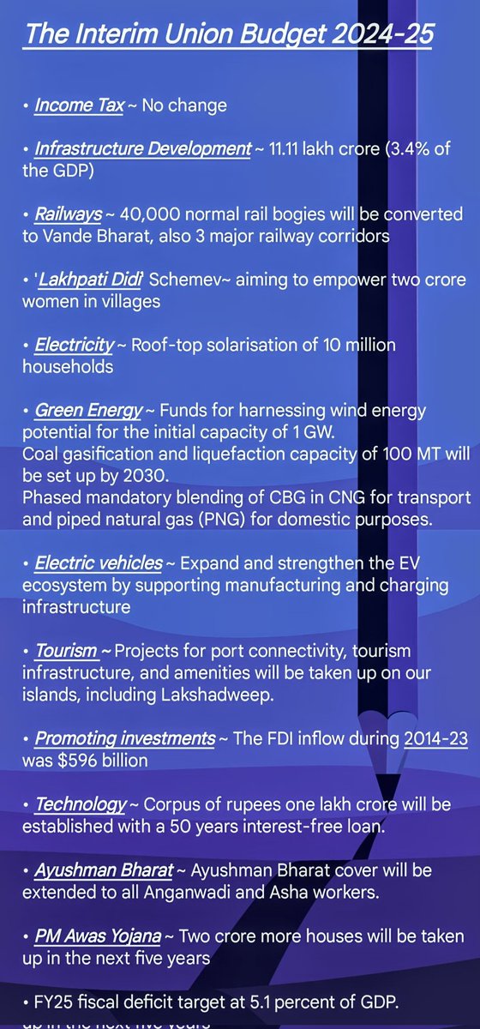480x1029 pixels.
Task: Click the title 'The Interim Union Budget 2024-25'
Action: [x=228, y=36]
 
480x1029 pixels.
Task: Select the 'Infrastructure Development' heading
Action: [x=142, y=148]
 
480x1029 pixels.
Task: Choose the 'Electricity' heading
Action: [x=74, y=345]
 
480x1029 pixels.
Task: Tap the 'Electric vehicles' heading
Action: [x=99, y=563]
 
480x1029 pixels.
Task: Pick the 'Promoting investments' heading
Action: [x=125, y=738]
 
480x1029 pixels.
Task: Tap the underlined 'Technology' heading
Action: [x=81, y=804]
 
